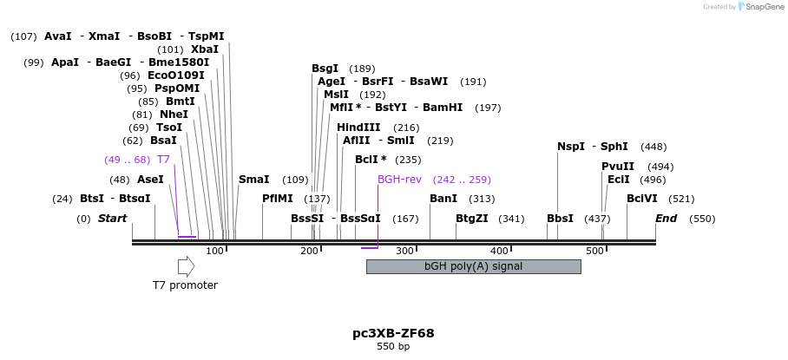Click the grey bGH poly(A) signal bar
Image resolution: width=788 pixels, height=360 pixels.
click(x=473, y=266)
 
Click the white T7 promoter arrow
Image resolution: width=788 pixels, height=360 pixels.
click(x=186, y=267)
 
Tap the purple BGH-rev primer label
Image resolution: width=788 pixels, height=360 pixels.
click(x=399, y=180)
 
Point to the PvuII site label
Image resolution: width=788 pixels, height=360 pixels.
click(x=618, y=167)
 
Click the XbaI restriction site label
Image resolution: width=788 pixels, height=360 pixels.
click(x=205, y=49)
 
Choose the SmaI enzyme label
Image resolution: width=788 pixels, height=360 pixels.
click(x=254, y=180)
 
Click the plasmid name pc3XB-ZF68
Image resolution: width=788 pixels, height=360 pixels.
click(x=393, y=333)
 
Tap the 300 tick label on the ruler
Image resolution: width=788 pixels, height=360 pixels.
click(x=404, y=252)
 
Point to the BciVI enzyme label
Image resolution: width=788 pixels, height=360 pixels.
click(x=642, y=199)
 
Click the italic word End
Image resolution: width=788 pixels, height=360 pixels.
click(x=666, y=219)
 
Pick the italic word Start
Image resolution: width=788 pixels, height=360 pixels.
click(x=112, y=219)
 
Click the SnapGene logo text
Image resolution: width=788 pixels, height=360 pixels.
click(x=761, y=7)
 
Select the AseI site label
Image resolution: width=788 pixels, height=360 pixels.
click(x=150, y=180)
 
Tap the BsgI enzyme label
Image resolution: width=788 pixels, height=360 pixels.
click(x=325, y=69)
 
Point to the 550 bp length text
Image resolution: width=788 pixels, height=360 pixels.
click(x=393, y=347)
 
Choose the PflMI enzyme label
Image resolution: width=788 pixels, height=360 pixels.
click(x=278, y=199)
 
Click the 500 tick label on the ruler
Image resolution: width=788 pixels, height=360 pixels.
click(x=594, y=252)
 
